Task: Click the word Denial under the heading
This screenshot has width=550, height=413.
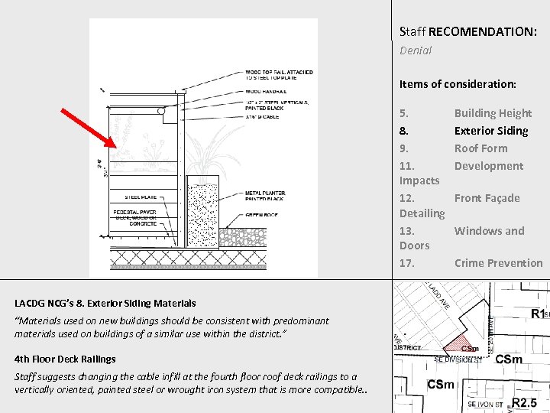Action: point(416,50)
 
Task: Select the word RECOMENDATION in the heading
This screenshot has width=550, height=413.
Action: point(482,32)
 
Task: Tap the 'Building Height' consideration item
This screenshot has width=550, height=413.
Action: point(493,113)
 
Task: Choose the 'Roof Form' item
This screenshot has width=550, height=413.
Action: point(480,148)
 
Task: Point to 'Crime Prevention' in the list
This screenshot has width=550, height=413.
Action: point(498,263)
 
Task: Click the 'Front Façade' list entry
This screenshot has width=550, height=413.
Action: point(487,198)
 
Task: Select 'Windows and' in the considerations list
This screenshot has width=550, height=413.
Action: point(489,231)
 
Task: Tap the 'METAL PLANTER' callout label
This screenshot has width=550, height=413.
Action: point(266,196)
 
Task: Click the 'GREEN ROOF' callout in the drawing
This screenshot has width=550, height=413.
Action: point(261,215)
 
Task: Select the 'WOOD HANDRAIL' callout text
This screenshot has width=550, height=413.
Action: point(265,90)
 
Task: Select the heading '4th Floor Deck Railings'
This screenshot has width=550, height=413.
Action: point(65,359)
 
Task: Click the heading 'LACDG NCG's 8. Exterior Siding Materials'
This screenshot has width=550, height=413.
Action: point(105,304)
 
